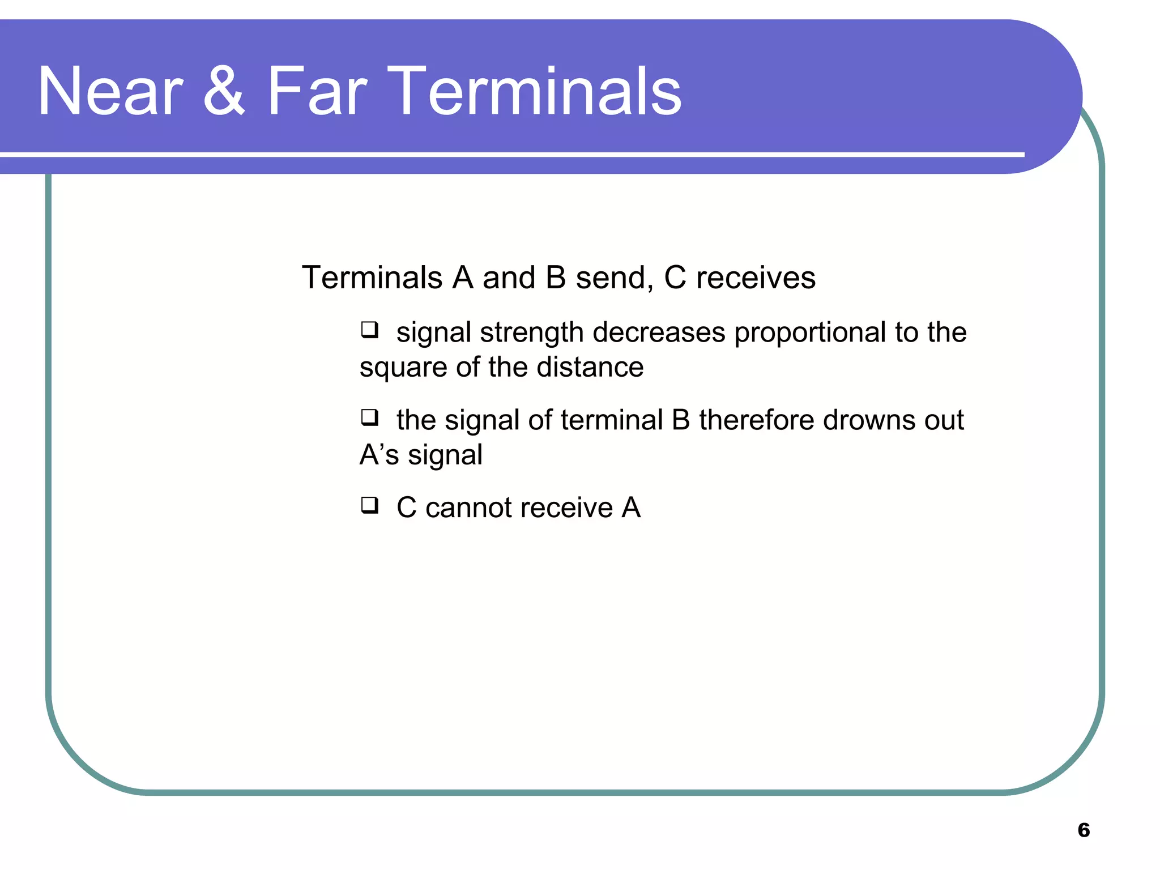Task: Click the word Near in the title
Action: click(x=110, y=92)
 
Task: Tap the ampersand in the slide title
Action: click(x=224, y=92)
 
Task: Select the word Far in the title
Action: click(x=317, y=92)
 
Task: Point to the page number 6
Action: click(x=1084, y=830)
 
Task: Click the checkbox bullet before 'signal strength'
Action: click(x=370, y=330)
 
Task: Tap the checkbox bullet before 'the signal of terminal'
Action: click(x=370, y=417)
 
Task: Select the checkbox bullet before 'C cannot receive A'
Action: click(x=370, y=505)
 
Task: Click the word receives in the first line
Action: click(x=756, y=278)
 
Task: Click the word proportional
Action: click(x=810, y=333)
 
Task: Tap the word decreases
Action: click(x=659, y=332)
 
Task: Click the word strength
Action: click(x=531, y=333)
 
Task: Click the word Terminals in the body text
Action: click(x=372, y=278)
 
